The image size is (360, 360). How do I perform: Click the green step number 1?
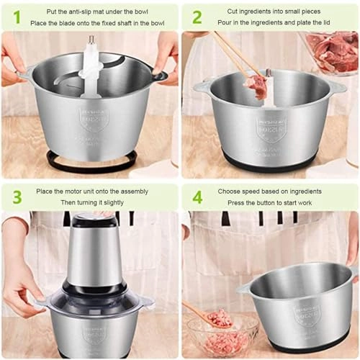pyautogui.click(x=17, y=17)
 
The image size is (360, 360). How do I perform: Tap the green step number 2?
pyautogui.click(x=197, y=17)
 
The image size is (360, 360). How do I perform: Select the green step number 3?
pyautogui.click(x=17, y=197)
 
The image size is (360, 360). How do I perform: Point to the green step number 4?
pyautogui.click(x=197, y=197)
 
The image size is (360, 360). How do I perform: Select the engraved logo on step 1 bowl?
pyautogui.click(x=94, y=119)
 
